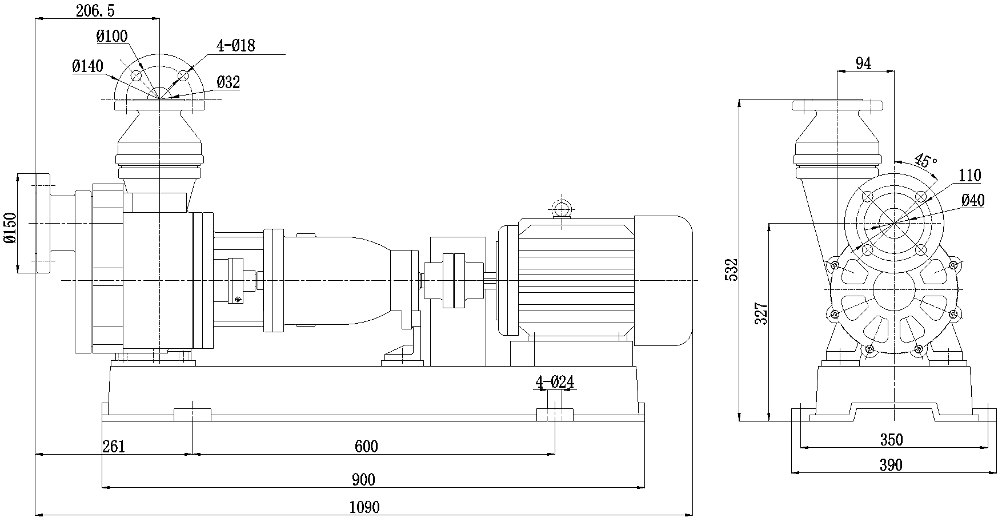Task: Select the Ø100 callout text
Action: [x=112, y=37]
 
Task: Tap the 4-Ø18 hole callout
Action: [x=235, y=46]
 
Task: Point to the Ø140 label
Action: [x=88, y=67]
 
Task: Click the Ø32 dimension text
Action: [x=229, y=83]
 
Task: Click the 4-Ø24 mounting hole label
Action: [x=554, y=382]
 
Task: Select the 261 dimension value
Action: [x=113, y=447]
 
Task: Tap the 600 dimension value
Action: [x=366, y=447]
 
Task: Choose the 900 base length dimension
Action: [x=363, y=480]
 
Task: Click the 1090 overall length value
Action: [x=364, y=507]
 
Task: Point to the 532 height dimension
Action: [x=732, y=269]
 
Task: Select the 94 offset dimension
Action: [x=864, y=64]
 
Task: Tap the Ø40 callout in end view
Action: [x=973, y=200]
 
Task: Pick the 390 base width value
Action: [x=891, y=465]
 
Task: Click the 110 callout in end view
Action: [x=969, y=176]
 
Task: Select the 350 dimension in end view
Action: [x=891, y=440]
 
